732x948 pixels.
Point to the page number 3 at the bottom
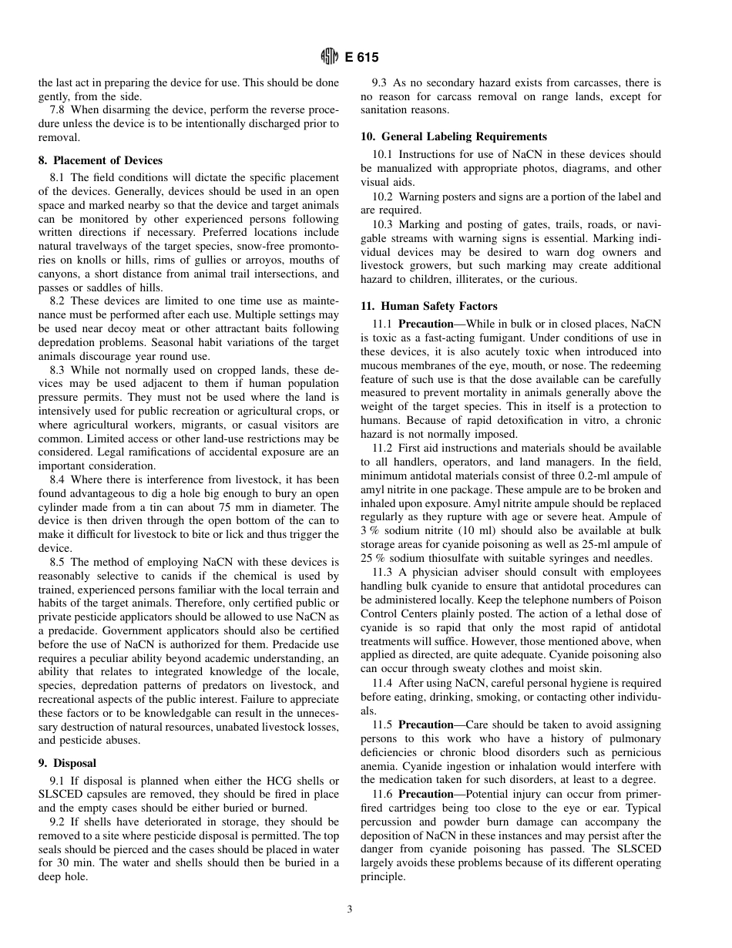tap(350, 909)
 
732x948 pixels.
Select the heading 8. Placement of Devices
tap(100, 160)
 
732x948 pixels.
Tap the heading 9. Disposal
tap(75, 763)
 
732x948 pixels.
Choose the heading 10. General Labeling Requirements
tap(454, 136)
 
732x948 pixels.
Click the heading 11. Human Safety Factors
tap(429, 306)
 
